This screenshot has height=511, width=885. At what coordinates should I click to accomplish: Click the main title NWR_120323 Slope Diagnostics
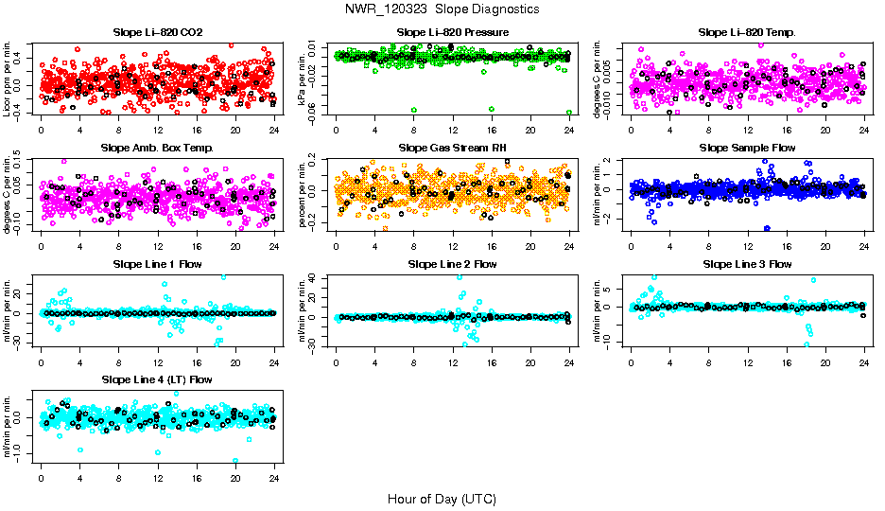point(442,9)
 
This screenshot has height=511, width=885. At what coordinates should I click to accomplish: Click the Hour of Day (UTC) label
point(442,499)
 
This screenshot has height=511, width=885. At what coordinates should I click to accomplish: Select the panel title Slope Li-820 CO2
point(158,33)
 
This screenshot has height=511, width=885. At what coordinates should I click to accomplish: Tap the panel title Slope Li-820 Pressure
point(453,33)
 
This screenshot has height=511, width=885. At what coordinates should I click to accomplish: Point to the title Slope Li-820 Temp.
point(747,33)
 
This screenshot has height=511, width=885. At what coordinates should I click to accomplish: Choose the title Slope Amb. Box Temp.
point(158,149)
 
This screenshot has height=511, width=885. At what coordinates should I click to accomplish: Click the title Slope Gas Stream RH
point(453,149)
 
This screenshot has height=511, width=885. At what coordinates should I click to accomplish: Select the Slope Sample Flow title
point(747,149)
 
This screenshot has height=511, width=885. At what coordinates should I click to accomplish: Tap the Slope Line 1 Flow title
point(158,264)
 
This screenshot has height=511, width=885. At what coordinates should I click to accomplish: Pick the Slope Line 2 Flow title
point(453,264)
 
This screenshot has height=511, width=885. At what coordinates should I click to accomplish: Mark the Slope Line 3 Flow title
point(747,264)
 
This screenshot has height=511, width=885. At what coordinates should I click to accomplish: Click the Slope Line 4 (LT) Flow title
point(158,379)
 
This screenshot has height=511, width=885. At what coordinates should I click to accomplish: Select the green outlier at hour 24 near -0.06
point(569,112)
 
